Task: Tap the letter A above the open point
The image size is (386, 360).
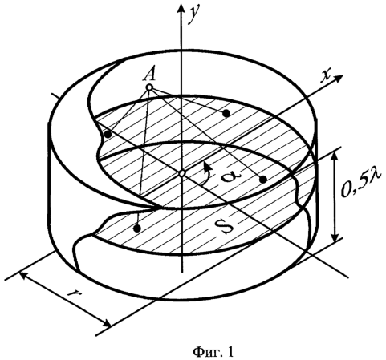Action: click(149, 74)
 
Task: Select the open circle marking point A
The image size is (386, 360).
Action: click(149, 87)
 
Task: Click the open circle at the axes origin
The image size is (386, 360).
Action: click(182, 173)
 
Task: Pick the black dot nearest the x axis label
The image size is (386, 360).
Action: click(226, 113)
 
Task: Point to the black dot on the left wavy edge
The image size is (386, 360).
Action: click(108, 135)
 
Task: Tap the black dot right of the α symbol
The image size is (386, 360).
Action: click(263, 180)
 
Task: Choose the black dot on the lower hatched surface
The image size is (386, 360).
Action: click(137, 229)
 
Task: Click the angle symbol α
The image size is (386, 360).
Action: click(230, 176)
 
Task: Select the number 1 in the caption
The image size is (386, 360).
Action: click(231, 351)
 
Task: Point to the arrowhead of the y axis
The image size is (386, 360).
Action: click(181, 7)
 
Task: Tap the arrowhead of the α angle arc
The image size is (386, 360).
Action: click(207, 166)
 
